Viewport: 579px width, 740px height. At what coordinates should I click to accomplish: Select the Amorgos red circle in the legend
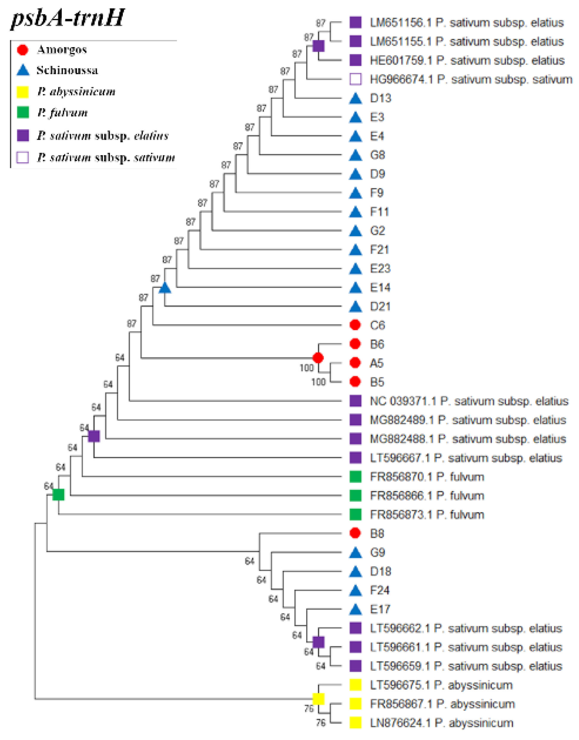23,49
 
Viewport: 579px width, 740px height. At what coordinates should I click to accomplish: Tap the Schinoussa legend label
67,70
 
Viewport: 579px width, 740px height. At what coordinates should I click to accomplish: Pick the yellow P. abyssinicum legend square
23,92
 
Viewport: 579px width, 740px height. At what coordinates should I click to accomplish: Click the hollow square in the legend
23,157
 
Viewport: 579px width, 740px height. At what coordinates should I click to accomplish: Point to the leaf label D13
380,98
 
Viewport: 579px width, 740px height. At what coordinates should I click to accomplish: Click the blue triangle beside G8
355,155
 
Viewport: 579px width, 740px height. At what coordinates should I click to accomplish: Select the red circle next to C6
355,325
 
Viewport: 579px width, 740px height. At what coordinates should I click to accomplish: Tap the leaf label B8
377,534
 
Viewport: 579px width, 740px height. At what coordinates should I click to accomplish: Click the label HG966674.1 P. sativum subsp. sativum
471,79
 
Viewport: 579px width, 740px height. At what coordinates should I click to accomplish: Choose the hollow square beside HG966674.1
355,79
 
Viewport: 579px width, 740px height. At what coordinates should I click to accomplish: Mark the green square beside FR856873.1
355,515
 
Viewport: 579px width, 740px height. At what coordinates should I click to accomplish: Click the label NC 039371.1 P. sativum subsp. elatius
469,401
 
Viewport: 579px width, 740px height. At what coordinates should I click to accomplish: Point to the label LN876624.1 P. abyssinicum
441,723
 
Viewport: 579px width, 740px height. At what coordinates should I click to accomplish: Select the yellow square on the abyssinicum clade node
318,699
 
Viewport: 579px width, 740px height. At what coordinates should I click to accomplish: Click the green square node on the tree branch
59,495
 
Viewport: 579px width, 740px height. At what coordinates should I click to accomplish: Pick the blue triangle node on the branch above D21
165,288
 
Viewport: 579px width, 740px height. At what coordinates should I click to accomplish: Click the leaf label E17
380,609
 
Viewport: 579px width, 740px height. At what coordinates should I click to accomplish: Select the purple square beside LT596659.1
355,666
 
